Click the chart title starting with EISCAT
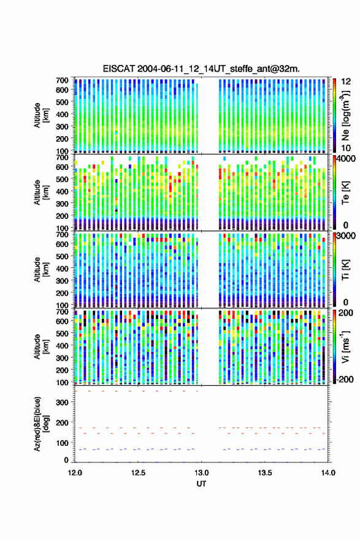coord(201,69)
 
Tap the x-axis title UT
coord(201,484)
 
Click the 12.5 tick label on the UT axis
coord(138,473)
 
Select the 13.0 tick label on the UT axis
coord(201,473)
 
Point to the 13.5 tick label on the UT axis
coord(265,473)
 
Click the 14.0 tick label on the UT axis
coord(328,473)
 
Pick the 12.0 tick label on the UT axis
coord(75,473)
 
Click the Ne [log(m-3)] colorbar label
coord(346,115)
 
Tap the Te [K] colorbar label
coord(346,193)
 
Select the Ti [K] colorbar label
coord(346,270)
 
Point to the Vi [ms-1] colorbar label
coord(346,346)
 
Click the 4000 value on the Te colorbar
coord(347,159)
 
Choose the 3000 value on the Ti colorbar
coord(347,236)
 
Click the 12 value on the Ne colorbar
coord(347,82)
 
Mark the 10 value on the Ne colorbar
coord(347,148)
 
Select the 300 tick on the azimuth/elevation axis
coord(62,402)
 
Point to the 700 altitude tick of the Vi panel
coord(62,312)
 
